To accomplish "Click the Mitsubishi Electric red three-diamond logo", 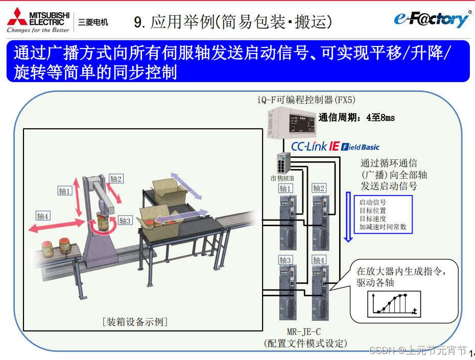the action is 17,17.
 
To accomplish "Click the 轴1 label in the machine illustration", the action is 65,191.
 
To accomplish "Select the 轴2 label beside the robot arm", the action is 116,179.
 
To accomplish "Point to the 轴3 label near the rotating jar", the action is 125,221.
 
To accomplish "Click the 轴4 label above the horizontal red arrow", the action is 43,216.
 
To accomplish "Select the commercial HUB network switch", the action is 283,163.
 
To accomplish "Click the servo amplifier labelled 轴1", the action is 288,223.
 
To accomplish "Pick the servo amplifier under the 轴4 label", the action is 321,293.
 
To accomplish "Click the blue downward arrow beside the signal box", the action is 348,217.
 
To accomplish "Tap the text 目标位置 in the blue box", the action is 373,210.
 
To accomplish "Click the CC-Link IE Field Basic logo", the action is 335,147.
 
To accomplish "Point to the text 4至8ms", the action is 381,117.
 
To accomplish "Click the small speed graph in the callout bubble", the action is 394,304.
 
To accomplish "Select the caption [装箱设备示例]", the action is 135,322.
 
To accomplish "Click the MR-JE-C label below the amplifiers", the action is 304,332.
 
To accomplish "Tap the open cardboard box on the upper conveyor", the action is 170,191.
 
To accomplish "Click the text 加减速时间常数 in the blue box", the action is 383,227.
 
